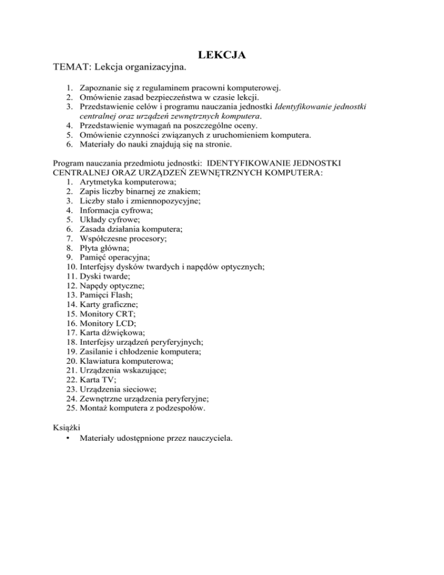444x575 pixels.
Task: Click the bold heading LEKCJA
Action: (222, 56)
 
